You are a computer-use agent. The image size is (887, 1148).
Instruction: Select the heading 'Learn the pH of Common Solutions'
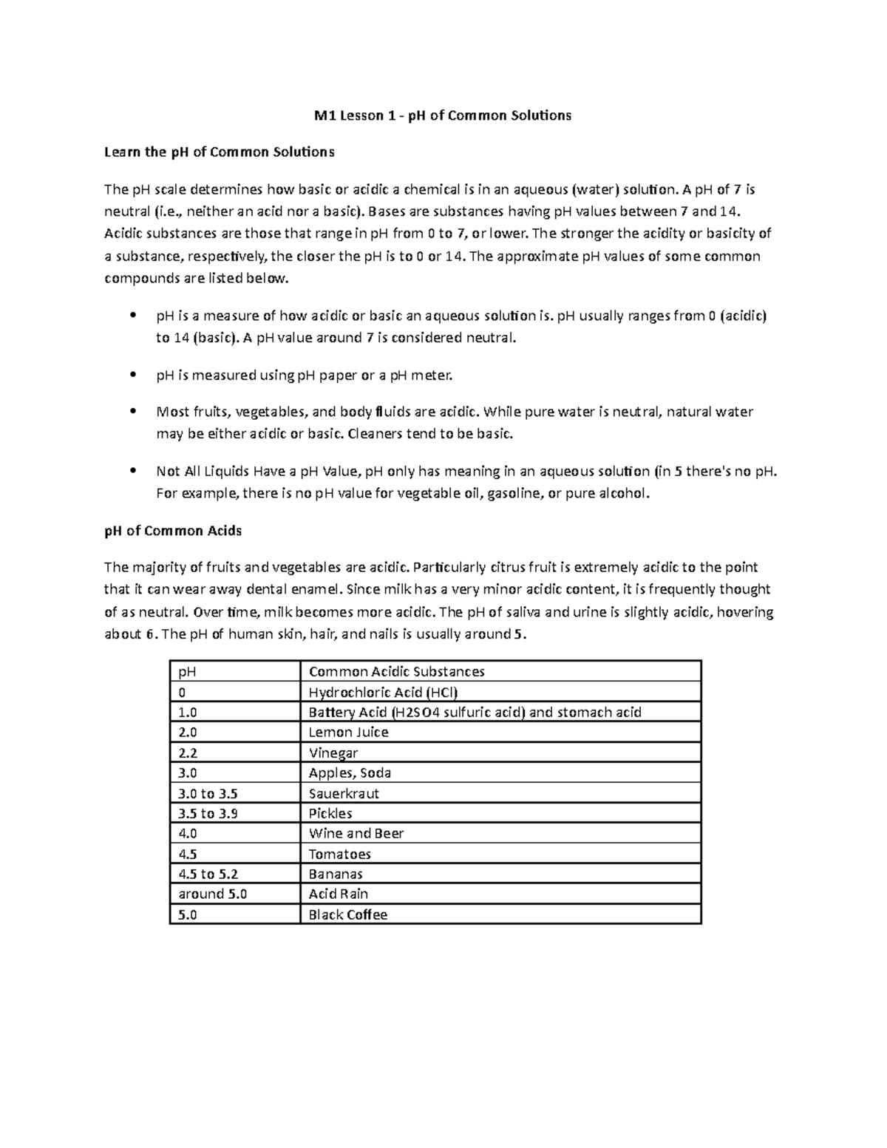click(x=219, y=152)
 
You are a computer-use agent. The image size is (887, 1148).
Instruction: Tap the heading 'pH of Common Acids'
click(x=173, y=531)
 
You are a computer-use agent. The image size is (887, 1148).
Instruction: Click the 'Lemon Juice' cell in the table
click(x=348, y=733)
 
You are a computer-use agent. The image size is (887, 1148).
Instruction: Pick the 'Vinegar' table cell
click(x=333, y=753)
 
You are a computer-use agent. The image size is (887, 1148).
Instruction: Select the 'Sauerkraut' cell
click(x=344, y=794)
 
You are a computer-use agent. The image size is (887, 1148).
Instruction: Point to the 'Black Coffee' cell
click(x=348, y=915)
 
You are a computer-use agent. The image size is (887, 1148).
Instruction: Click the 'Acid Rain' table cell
click(x=339, y=894)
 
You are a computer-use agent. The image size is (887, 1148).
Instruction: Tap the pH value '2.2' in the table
click(x=188, y=753)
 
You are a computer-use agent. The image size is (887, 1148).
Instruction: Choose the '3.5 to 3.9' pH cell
click(x=208, y=814)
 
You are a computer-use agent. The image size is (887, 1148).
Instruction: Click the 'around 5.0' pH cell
click(x=213, y=894)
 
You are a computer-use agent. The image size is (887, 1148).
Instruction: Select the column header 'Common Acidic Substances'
click(x=396, y=672)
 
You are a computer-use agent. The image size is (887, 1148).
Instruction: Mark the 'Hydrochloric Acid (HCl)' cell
click(x=383, y=693)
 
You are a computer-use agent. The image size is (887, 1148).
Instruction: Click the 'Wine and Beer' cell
click(x=356, y=834)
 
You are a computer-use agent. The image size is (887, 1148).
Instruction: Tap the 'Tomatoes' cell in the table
click(x=340, y=855)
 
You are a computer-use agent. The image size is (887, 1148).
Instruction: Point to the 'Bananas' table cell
click(x=336, y=874)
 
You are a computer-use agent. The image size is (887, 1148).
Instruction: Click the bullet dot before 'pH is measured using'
click(x=133, y=375)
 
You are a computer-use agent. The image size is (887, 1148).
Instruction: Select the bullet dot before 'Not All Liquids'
click(x=133, y=471)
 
